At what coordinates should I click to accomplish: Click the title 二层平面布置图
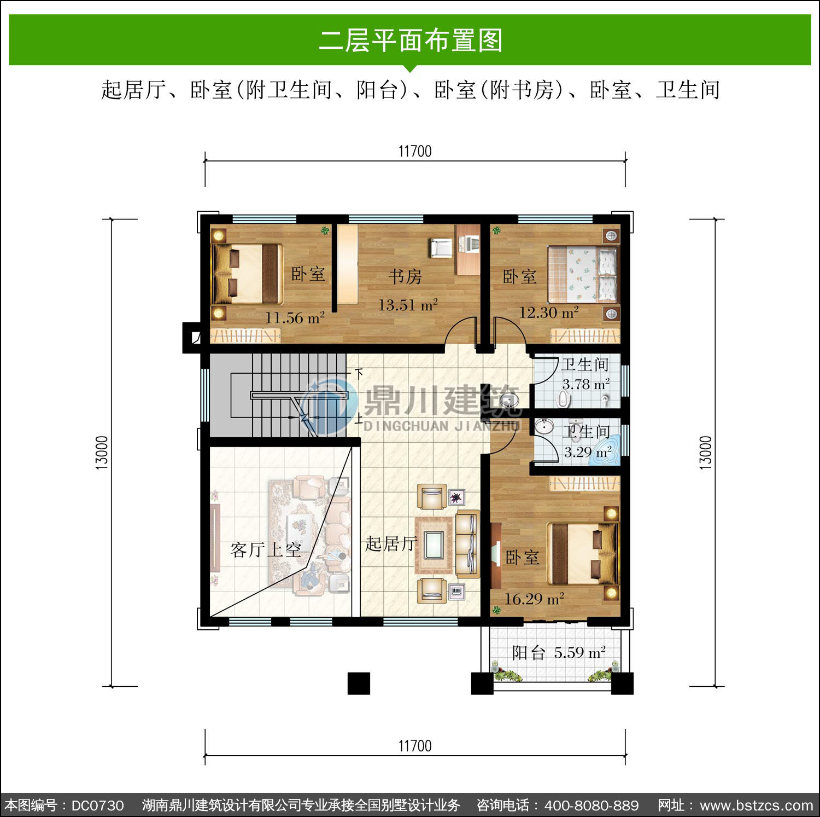click(411, 40)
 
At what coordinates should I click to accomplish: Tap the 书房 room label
click(405, 276)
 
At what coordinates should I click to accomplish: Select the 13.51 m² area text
click(408, 305)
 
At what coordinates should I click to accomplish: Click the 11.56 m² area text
click(295, 317)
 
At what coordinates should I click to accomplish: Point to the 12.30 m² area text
click(549, 312)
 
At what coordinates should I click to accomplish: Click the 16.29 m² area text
click(534, 599)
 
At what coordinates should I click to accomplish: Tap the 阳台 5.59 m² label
click(559, 652)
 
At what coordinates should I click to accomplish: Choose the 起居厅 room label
click(391, 543)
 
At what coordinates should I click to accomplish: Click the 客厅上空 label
click(266, 549)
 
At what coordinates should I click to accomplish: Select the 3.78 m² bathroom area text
click(586, 384)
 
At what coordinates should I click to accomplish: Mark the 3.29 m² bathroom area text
click(588, 452)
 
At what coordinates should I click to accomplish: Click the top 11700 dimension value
click(415, 151)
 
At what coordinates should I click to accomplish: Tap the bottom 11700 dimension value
click(415, 745)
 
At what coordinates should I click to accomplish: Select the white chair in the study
click(441, 247)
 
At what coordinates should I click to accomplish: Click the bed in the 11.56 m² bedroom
click(248, 274)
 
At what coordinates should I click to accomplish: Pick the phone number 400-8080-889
click(591, 806)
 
